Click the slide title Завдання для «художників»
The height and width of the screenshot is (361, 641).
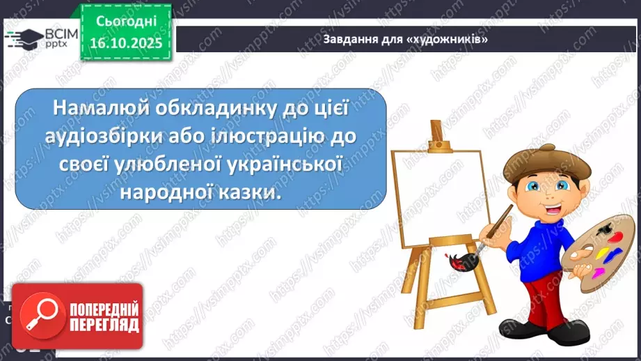(x=405, y=38)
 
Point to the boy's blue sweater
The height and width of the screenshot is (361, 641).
(x=537, y=240)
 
